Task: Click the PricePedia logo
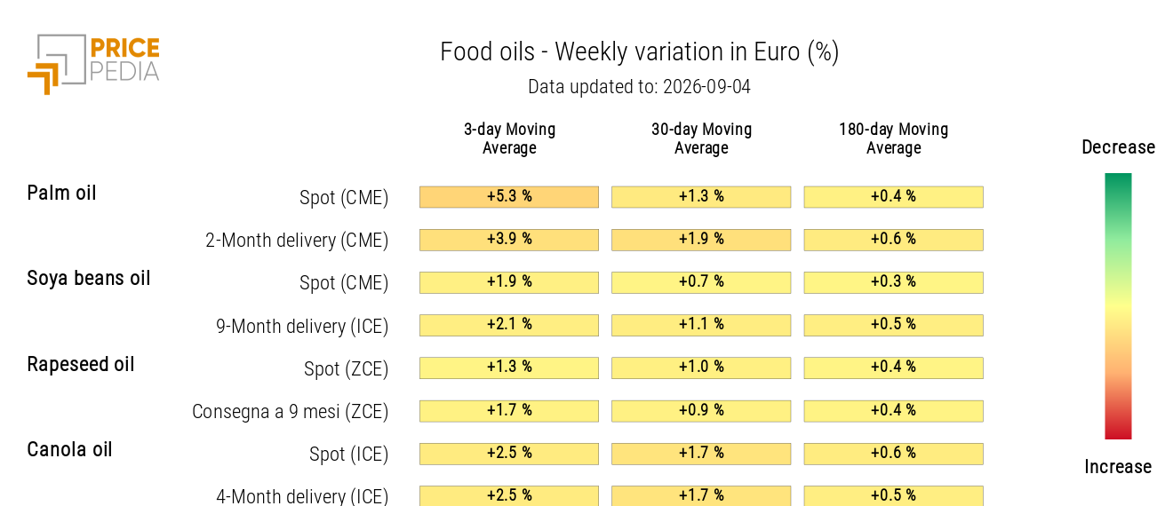[x=93, y=65]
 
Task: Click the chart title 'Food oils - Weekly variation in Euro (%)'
[x=640, y=51]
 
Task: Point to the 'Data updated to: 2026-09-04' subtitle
[x=640, y=87]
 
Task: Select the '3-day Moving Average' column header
[x=509, y=138]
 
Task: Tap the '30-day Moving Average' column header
[x=702, y=138]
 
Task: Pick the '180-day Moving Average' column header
[x=894, y=138]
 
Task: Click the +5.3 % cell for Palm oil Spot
[x=509, y=197]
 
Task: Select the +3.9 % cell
[x=509, y=240]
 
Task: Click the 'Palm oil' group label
[x=62, y=194]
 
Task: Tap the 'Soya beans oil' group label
[x=89, y=279]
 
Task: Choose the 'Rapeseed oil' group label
[x=81, y=364]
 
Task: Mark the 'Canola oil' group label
[x=69, y=449]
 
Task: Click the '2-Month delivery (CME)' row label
[x=297, y=241]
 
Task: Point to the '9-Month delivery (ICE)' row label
[x=302, y=326]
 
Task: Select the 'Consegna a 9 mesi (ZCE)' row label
[x=290, y=411]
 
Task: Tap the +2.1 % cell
[x=509, y=325]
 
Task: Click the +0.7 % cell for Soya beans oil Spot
[x=701, y=282]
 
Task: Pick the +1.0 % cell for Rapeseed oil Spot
[x=701, y=368]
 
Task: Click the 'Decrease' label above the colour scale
[x=1119, y=147]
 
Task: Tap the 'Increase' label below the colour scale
[x=1118, y=466]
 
